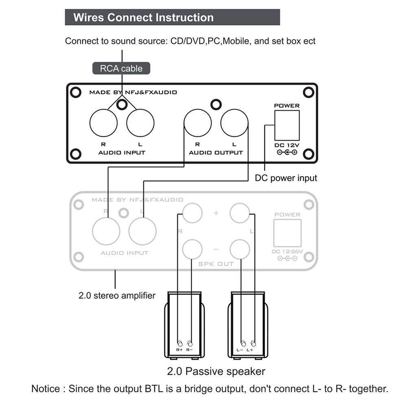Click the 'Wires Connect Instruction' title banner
pos(143,18)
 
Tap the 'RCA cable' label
pos(121,68)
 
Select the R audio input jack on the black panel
pos(103,123)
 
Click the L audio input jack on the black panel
pos(140,123)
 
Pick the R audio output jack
pos(197,123)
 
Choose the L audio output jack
pos(234,123)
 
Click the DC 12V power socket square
pos(287,125)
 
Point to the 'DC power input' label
pos(286,178)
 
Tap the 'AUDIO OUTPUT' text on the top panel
pos(216,153)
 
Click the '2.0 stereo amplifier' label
pos(117,295)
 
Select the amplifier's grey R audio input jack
pos(106,231)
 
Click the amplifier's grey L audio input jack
pos(142,231)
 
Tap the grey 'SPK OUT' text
pos(216,264)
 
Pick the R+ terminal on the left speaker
pos(180,344)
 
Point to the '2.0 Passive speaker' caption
pos(216,371)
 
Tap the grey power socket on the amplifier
pos(287,233)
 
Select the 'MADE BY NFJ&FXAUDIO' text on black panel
pos(133,92)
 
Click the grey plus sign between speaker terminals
pos(216,212)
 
